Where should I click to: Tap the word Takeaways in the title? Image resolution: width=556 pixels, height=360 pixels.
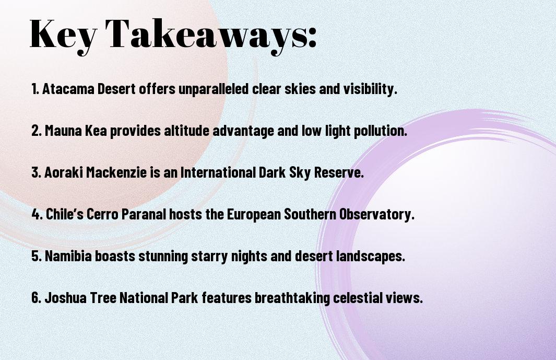click(x=205, y=35)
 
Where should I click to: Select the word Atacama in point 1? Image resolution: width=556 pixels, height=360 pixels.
click(x=68, y=89)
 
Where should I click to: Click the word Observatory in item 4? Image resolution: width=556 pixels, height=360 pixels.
click(x=377, y=214)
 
